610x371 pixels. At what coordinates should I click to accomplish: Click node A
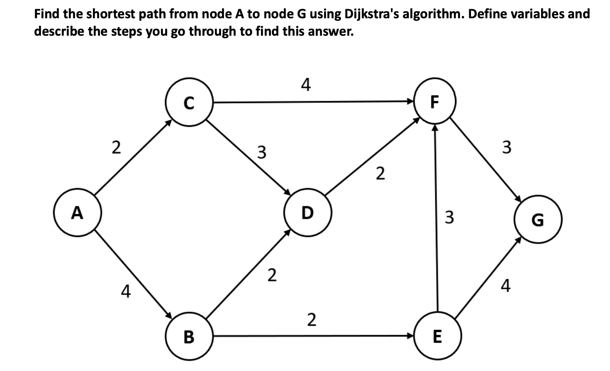coord(78,212)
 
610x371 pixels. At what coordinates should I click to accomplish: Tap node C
coord(189,102)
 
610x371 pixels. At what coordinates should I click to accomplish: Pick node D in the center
coord(307,212)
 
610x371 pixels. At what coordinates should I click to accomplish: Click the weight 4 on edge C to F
coord(305,85)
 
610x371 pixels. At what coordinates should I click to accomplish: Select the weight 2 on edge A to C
coord(117,148)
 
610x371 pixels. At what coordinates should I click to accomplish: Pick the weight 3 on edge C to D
coord(261,152)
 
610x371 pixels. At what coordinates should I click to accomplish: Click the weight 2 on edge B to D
coord(271,275)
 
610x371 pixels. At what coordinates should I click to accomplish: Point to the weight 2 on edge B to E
coord(311,320)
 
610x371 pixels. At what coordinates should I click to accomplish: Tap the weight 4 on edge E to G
coord(505,286)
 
